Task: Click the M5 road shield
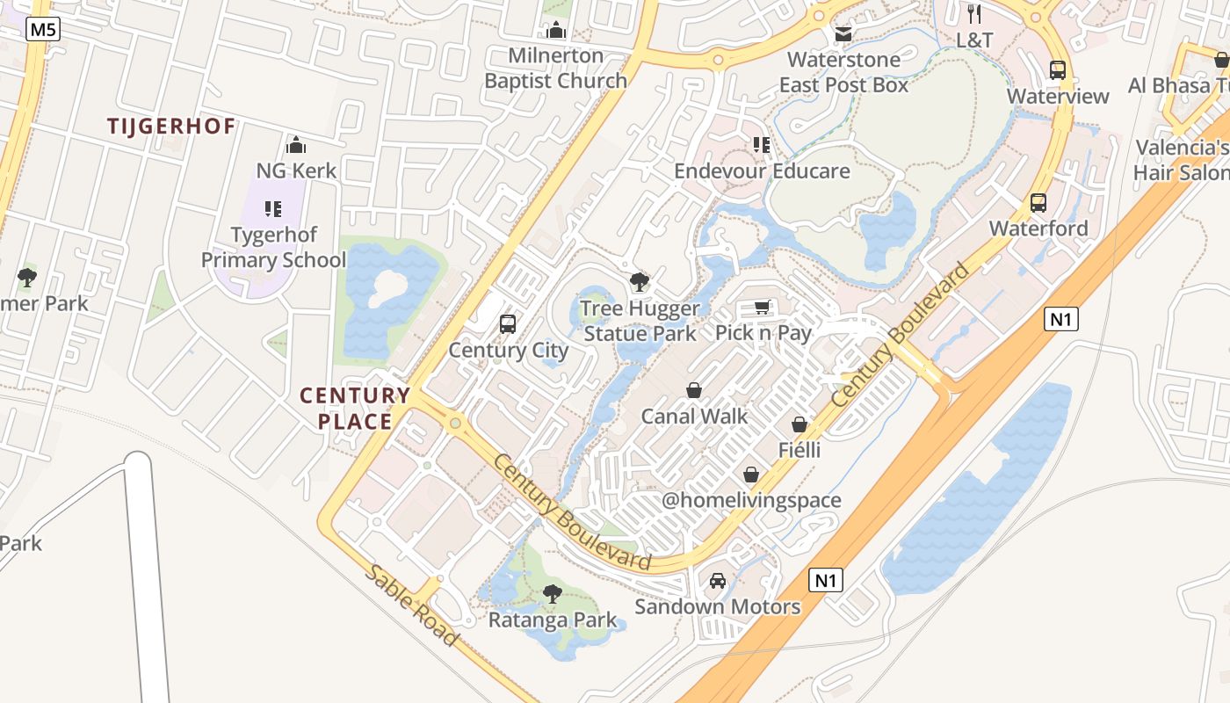[42, 30]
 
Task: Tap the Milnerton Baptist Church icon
[555, 32]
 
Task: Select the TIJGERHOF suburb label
[171, 127]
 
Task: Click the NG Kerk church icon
[296, 145]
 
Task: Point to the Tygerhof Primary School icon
[273, 209]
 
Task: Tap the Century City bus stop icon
[508, 324]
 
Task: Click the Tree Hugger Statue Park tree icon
[640, 283]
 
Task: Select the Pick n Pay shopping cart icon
[763, 308]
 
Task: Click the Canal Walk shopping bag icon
[694, 390]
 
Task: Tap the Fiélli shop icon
[799, 425]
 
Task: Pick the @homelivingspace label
[751, 501]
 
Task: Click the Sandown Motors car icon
[718, 581]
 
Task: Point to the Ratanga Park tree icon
[553, 594]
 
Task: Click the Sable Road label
[411, 605]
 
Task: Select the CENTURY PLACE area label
[355, 409]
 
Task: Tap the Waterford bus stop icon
[1038, 203]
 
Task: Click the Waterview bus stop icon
[1058, 70]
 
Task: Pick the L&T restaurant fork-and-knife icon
[973, 14]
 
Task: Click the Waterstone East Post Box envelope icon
[843, 34]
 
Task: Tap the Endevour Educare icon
[762, 145]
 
